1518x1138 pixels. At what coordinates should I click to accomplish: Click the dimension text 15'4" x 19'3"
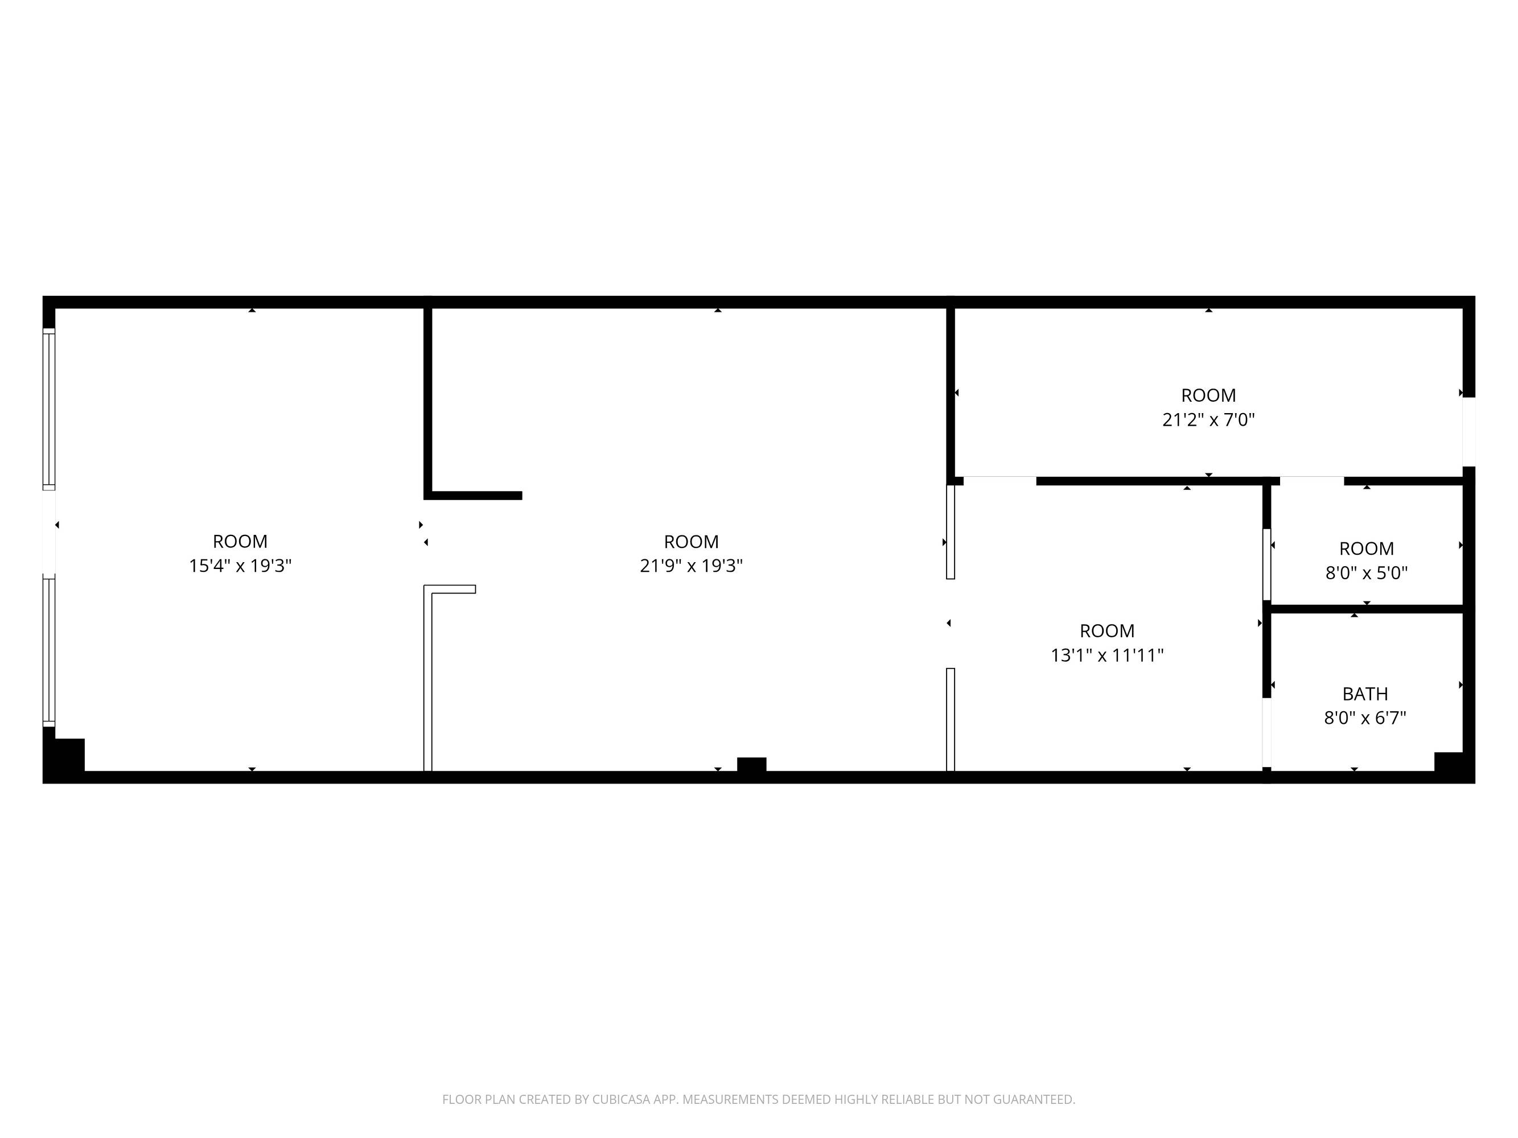[240, 566]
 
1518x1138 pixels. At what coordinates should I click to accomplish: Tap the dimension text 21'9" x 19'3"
[691, 566]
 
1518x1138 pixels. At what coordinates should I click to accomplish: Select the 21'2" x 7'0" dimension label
[1208, 420]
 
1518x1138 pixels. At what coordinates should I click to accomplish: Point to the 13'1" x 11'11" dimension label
[1107, 655]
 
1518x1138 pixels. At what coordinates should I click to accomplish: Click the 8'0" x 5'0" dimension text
[1367, 573]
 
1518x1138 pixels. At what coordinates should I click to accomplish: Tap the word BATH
[1365, 694]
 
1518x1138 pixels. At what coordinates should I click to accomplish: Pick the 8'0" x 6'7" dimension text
[1365, 718]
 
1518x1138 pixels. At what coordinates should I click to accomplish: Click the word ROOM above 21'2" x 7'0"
[1208, 395]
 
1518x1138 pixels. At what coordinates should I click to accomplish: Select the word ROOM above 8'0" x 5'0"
[1367, 549]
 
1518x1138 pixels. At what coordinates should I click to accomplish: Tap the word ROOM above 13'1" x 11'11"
[1107, 630]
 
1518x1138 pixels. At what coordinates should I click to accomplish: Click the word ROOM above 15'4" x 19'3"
[240, 541]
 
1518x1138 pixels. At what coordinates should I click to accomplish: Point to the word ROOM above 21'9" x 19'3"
[691, 541]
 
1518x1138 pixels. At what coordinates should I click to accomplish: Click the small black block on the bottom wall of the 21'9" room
[751, 764]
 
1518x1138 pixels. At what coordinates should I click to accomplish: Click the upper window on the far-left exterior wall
[49, 409]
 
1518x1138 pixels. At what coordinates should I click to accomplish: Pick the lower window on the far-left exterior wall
[49, 651]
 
